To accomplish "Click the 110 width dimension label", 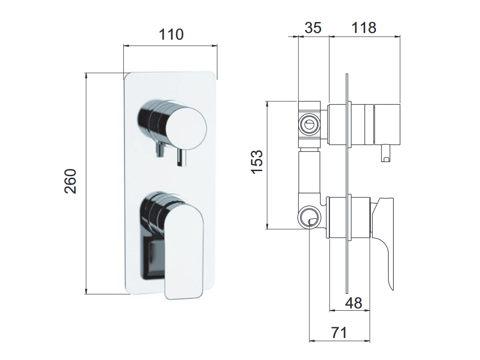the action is (171, 35).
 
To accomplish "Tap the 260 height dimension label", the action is (70, 181).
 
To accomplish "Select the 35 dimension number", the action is (313, 28).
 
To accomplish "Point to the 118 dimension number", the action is (364, 28).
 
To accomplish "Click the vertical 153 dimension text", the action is (257, 162).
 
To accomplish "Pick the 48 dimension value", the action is (353, 303).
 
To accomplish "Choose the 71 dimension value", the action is (339, 332).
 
